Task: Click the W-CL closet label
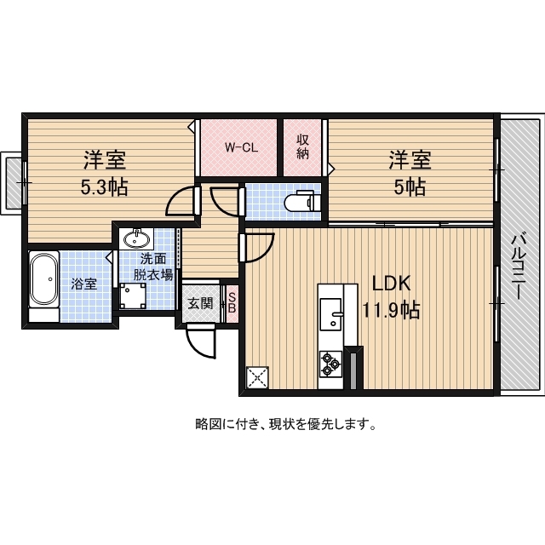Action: pyautogui.click(x=241, y=146)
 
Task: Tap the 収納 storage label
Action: pyautogui.click(x=302, y=146)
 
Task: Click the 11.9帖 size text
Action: pyautogui.click(x=391, y=311)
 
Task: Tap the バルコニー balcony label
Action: pyautogui.click(x=518, y=266)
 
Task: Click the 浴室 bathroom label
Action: pyautogui.click(x=83, y=284)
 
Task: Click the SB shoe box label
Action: pyautogui.click(x=231, y=303)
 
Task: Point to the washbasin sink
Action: pyautogui.click(x=137, y=238)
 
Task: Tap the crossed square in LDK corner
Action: pyautogui.click(x=257, y=376)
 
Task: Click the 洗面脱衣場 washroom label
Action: pyautogui.click(x=153, y=267)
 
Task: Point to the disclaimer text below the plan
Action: pyautogui.click(x=286, y=423)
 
